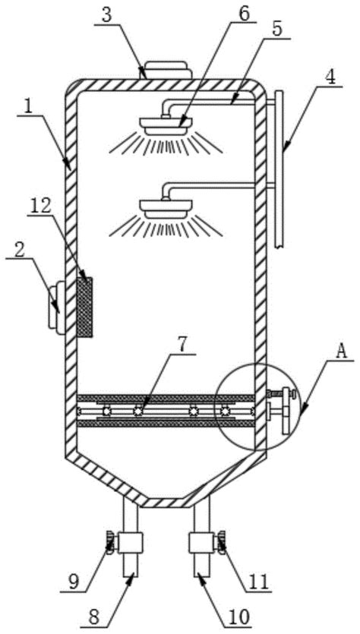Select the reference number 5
[278, 28]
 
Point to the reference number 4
[330, 77]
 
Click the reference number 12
[40, 206]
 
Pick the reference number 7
[183, 345]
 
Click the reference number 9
[73, 582]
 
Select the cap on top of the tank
[166, 71]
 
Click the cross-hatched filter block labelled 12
[84, 308]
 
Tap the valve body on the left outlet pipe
[130, 543]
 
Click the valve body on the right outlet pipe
[201, 543]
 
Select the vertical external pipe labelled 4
[279, 169]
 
